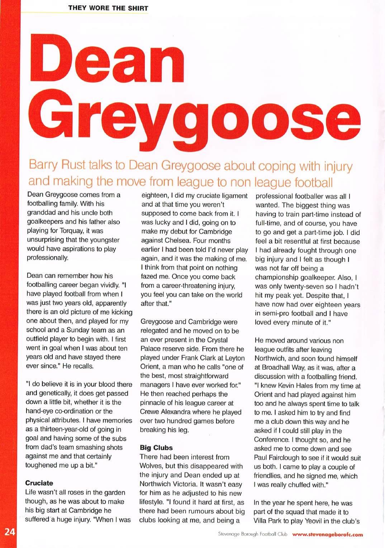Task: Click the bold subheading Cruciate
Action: tap(39, 483)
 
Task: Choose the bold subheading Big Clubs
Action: tap(156, 448)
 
